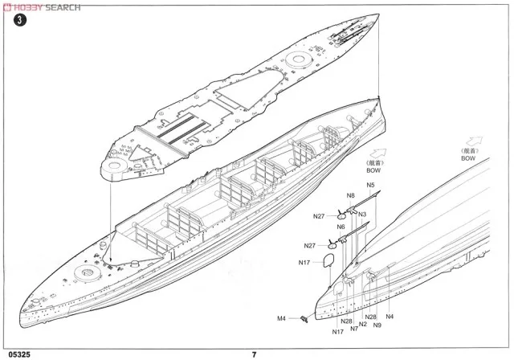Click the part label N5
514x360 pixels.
[370, 186]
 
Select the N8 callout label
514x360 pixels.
[351, 195]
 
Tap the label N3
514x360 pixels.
[363, 214]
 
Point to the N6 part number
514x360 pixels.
[341, 227]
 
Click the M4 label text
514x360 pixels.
[282, 318]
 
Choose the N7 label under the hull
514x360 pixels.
[354, 328]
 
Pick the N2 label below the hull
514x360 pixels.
[363, 324]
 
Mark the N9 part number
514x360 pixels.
[377, 325]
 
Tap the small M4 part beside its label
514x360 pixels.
[304, 319]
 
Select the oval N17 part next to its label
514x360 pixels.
[327, 260]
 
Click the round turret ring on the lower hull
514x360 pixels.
[84, 274]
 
